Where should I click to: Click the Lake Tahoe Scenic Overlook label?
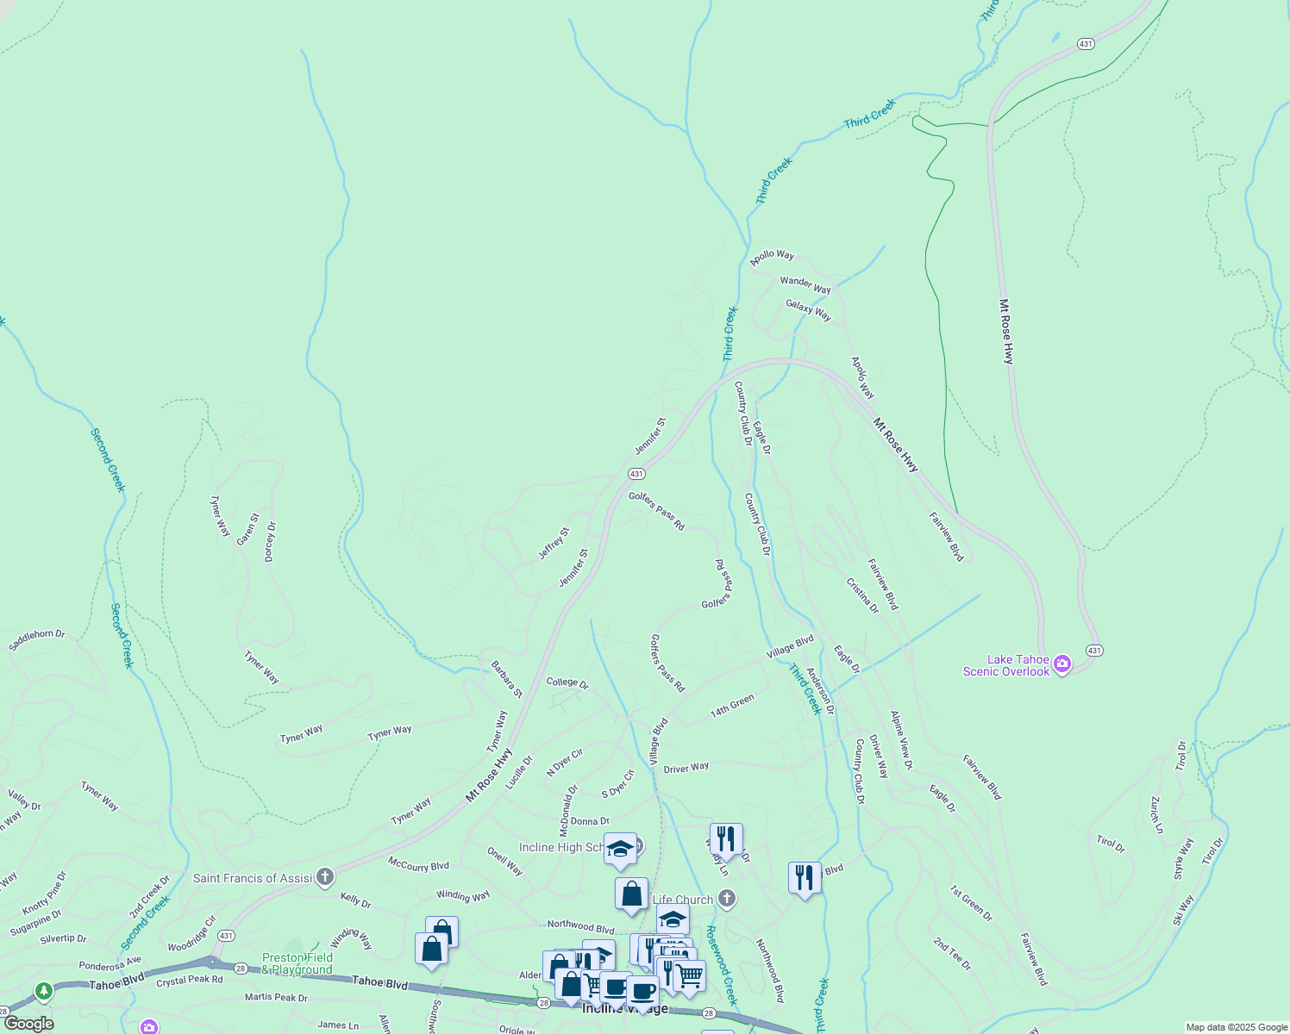pyautogui.click(x=1005, y=665)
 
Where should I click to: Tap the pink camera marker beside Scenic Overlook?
pyautogui.click(x=1062, y=664)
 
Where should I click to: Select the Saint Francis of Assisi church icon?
pyautogui.click(x=325, y=877)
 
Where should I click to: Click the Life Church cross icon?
pyautogui.click(x=727, y=899)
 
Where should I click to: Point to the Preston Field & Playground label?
pyautogui.click(x=297, y=963)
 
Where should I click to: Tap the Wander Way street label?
pyautogui.click(x=805, y=284)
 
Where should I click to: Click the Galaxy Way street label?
pyautogui.click(x=808, y=309)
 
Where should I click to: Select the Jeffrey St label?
pyautogui.click(x=554, y=544)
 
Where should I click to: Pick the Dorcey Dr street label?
pyautogui.click(x=270, y=542)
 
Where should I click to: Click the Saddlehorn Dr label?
pyautogui.click(x=37, y=640)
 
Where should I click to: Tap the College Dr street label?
pyautogui.click(x=567, y=682)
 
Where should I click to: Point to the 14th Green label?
pyautogui.click(x=732, y=707)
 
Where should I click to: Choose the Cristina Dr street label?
pyautogui.click(x=861, y=595)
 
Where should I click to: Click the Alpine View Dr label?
pyautogui.click(x=901, y=739)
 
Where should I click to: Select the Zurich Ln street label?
pyautogui.click(x=1156, y=814)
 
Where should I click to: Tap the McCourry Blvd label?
pyautogui.click(x=418, y=864)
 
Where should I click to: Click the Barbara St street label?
pyautogui.click(x=506, y=679)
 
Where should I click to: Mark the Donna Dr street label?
pyautogui.click(x=590, y=821)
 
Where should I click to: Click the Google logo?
pyautogui.click(x=28, y=1024)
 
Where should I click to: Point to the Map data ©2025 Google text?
pyautogui.click(x=1236, y=1027)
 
